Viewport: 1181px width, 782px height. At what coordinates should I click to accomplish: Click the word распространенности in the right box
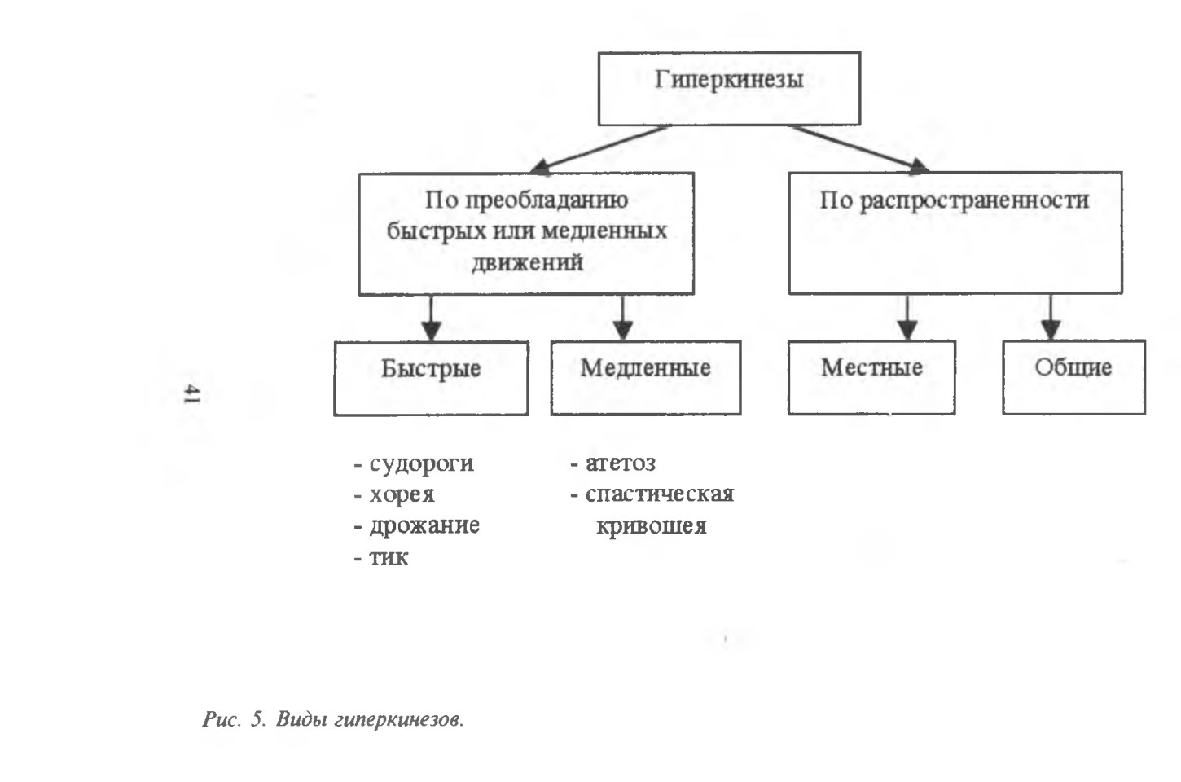[x=974, y=201]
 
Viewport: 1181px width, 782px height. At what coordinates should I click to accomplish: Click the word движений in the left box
[x=527, y=262]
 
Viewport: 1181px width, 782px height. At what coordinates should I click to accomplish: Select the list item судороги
[x=421, y=464]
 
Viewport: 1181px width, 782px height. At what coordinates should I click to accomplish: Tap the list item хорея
[x=402, y=495]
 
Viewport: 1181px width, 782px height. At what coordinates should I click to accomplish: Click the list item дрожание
[x=424, y=525]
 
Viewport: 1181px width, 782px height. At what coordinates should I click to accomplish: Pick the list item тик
[x=389, y=557]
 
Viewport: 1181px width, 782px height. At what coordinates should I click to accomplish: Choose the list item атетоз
[x=621, y=463]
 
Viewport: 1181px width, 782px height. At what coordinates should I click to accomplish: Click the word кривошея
[x=651, y=526]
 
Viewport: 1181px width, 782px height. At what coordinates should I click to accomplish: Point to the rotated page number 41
[x=192, y=394]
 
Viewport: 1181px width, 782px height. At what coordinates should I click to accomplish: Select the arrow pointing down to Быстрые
[x=432, y=318]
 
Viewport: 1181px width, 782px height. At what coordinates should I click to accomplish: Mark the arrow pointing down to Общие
[x=1051, y=317]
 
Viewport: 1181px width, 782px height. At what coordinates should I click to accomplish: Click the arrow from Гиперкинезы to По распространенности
[x=859, y=149]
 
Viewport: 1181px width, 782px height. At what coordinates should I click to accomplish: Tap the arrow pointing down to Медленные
[x=622, y=318]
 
